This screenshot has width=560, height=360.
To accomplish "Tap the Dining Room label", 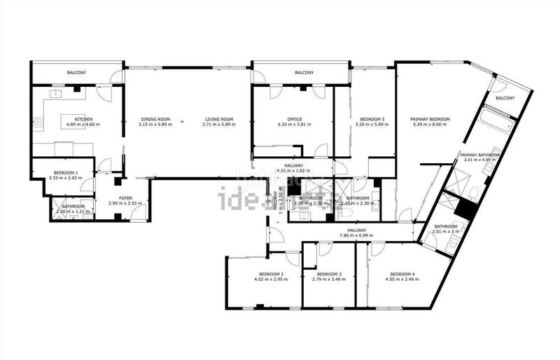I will [155, 119].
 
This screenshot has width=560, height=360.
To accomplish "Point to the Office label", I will [294, 119].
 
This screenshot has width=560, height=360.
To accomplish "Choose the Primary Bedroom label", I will [430, 119].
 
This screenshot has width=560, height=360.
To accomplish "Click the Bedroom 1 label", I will [66, 172].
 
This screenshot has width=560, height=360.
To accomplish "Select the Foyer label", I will [125, 198].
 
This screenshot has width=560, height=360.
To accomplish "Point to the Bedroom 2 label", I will [271, 274].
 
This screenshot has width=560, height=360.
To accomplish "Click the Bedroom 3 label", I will [328, 274].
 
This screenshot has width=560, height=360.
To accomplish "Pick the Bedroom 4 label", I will [402, 274].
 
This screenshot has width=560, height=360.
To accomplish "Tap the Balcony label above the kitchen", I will [77, 73].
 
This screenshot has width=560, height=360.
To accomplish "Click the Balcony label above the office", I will [304, 73].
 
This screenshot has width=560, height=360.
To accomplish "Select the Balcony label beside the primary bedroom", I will [505, 98].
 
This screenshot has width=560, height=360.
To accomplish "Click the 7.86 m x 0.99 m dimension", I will [357, 235].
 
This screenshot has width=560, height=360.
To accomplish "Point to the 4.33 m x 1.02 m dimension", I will [294, 171].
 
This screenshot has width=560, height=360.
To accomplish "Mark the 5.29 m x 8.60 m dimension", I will [430, 125].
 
